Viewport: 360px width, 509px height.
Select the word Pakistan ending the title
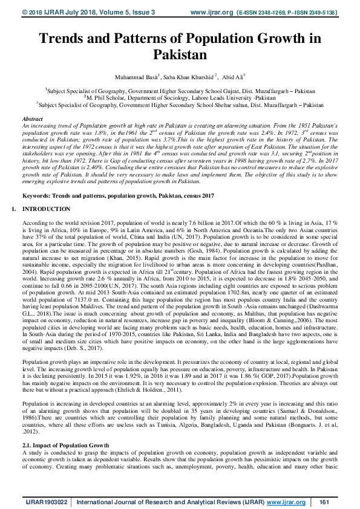180,55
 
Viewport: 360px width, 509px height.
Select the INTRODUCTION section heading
46,209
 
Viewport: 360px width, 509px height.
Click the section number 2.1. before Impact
28,428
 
